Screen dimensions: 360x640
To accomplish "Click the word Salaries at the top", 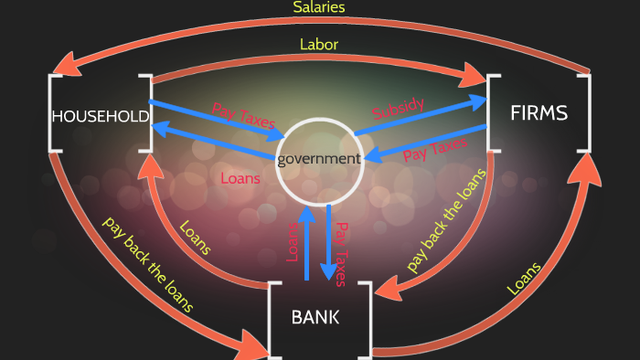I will click(319, 7).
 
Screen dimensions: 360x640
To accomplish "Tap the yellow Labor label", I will click(319, 44).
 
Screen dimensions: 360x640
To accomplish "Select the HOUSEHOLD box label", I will click(100, 116).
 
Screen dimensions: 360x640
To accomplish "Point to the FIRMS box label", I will click(539, 113).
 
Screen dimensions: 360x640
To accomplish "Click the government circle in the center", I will click(319, 159).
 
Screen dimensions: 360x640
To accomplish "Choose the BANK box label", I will click(315, 318).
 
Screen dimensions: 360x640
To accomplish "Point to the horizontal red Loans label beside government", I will click(240, 178).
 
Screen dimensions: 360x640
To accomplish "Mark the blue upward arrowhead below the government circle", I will click(307, 216).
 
